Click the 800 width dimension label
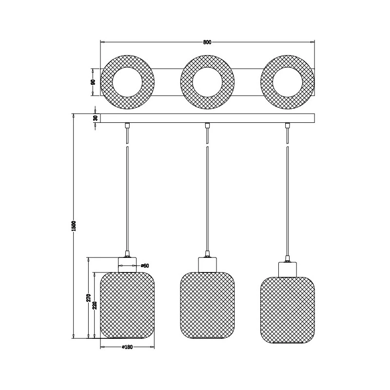[x=207, y=42]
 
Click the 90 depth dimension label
[x=93, y=82]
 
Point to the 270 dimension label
[x=88, y=298]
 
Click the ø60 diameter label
[x=144, y=266]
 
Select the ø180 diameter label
[x=127, y=347]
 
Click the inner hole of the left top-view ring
[x=127, y=82]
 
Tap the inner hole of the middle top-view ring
[x=208, y=82]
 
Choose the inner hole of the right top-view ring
[x=288, y=82]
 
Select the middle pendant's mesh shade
[x=208, y=306]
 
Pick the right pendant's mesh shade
[x=288, y=311]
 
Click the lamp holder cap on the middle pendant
[x=208, y=264]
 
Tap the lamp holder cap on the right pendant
[x=288, y=269]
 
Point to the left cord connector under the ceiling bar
[x=127, y=126]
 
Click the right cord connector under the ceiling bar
[x=288, y=126]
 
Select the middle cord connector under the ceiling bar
[x=208, y=126]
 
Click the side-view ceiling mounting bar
[x=207, y=118]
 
